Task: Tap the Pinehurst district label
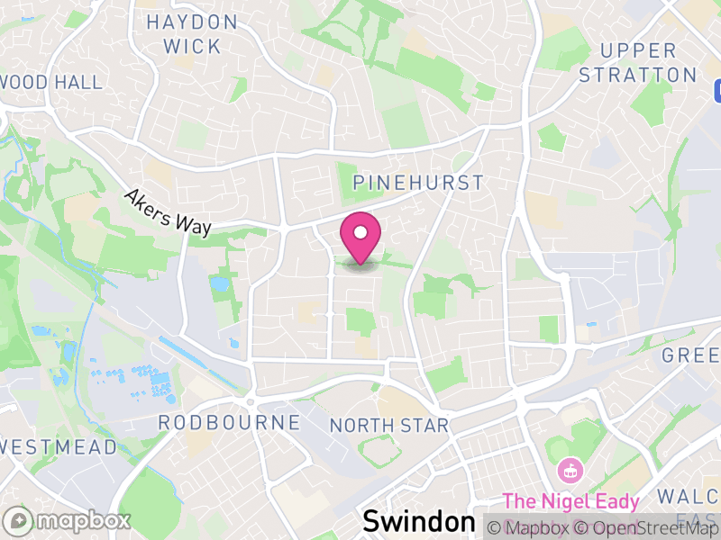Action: tap(417, 183)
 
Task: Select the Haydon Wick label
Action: tap(192, 34)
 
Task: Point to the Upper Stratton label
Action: tap(638, 63)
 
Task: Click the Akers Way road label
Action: tap(168, 212)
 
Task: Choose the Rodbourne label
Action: tap(229, 422)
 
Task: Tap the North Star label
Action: tap(389, 425)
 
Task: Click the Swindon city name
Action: tap(418, 521)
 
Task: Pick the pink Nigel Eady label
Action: tap(570, 501)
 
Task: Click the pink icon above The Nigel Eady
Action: tap(570, 469)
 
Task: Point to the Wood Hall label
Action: tap(52, 83)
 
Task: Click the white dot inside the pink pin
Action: tap(360, 233)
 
